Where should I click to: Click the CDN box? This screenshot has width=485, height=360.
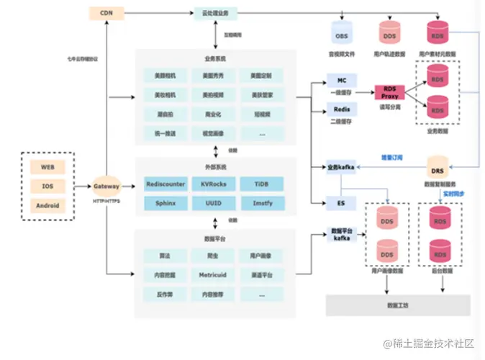(x=106, y=13)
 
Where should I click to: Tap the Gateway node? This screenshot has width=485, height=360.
(x=106, y=185)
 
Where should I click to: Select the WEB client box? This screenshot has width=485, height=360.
(x=47, y=167)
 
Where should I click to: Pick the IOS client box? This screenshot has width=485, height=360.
(x=47, y=186)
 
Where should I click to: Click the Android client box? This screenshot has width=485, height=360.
(x=47, y=204)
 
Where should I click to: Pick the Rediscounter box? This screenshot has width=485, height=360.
(x=165, y=184)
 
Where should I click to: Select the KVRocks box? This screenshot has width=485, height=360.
(x=213, y=184)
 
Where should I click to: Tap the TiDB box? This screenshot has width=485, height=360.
(x=261, y=184)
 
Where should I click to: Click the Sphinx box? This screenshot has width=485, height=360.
(x=165, y=204)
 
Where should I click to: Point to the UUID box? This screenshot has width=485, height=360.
(x=213, y=204)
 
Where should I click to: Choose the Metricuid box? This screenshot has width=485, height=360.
(x=213, y=274)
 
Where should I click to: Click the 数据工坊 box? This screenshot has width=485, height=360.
(x=397, y=305)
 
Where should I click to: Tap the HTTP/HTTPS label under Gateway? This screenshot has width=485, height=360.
(x=106, y=201)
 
